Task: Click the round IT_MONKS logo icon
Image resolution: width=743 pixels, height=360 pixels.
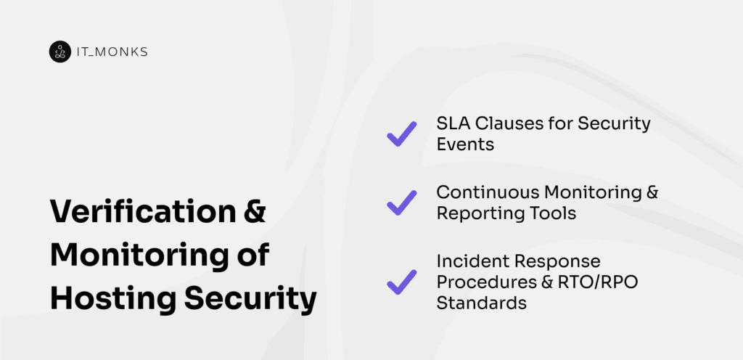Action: [x=60, y=52]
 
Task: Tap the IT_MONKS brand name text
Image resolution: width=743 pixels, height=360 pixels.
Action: [x=102, y=52]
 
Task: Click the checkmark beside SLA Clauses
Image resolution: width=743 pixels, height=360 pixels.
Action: [x=401, y=134]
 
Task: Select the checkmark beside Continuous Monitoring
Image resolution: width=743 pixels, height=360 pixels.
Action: [x=401, y=202]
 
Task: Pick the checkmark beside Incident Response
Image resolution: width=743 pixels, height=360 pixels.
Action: [x=401, y=282]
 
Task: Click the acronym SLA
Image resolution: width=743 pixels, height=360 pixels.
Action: [x=452, y=123]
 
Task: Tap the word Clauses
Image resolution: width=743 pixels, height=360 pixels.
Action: [x=508, y=123]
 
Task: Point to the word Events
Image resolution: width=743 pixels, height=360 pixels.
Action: [x=465, y=144]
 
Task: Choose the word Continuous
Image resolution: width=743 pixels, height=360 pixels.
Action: [x=482, y=192]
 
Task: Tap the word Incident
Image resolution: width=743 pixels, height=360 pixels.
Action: [x=467, y=261]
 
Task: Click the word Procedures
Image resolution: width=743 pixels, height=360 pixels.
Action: [x=482, y=282]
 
